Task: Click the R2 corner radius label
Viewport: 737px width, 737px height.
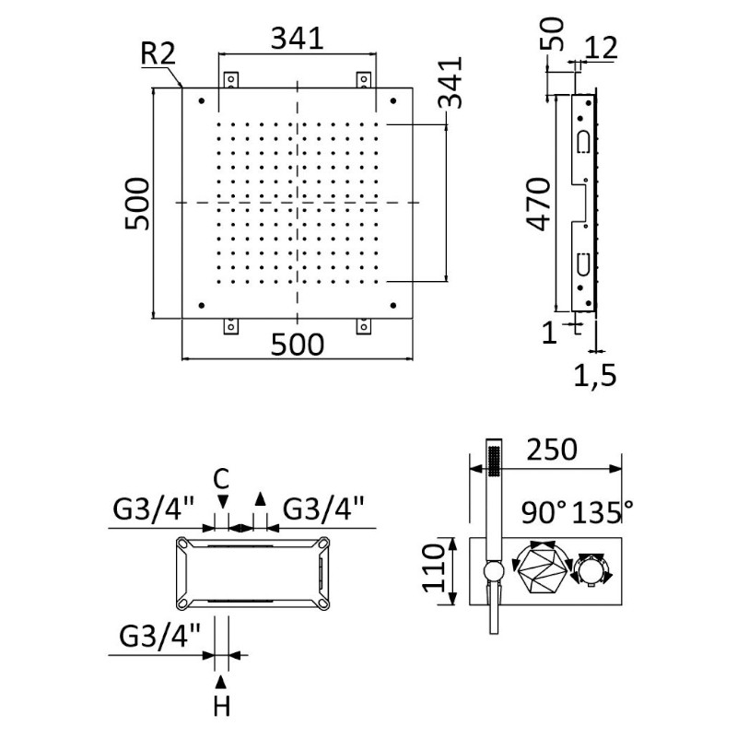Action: [x=158, y=53]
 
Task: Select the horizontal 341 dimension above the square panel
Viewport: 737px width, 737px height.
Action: [x=298, y=39]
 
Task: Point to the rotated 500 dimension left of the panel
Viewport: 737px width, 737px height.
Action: [x=135, y=204]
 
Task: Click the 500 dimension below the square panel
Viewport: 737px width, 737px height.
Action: [x=298, y=345]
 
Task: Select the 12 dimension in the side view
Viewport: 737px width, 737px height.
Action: [x=601, y=48]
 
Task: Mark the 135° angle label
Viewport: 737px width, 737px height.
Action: [x=603, y=509]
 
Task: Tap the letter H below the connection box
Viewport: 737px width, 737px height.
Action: [x=221, y=707]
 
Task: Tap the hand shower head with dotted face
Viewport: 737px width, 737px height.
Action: [x=495, y=460]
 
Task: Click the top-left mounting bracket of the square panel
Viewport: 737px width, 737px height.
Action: [x=229, y=80]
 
